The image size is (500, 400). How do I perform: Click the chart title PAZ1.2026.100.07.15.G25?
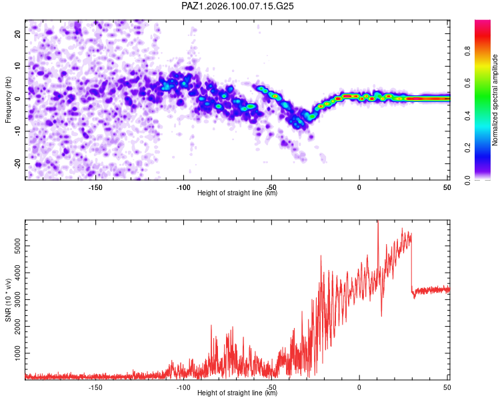(x=237, y=6)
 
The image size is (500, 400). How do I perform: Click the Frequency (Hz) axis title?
(x=8, y=100)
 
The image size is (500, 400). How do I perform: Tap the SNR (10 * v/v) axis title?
(x=8, y=300)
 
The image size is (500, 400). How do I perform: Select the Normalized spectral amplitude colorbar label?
(x=495, y=100)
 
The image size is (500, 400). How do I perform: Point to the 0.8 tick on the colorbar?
(x=467, y=51)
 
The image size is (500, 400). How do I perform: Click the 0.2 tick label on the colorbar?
(x=467, y=148)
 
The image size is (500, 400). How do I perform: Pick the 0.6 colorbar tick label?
(x=467, y=83)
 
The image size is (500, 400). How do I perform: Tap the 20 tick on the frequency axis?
(x=18, y=34)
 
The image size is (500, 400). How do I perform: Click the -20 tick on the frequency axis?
(x=18, y=164)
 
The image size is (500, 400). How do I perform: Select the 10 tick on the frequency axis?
(x=18, y=67)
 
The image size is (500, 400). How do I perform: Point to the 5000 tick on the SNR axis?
(x=18, y=246)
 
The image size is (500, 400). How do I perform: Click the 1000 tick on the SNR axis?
(x=18, y=353)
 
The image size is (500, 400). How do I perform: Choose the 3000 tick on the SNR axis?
(x=18, y=299)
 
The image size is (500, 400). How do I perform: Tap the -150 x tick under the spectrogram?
(x=95, y=187)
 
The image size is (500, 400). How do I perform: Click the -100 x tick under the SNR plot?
(x=183, y=387)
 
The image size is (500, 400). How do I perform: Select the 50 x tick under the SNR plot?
(x=447, y=387)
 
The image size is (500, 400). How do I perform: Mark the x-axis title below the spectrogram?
(x=237, y=193)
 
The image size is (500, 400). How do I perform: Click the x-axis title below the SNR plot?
(x=237, y=393)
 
